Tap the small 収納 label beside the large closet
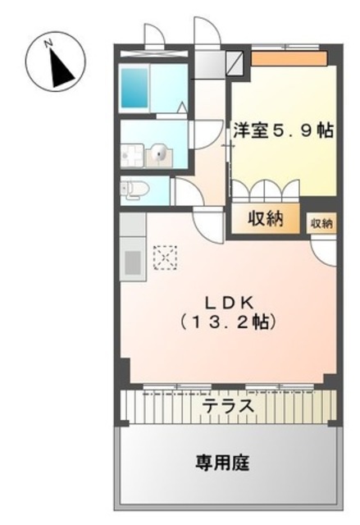pyautogui.click(x=322, y=222)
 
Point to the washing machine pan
pyautogui.click(x=130, y=152)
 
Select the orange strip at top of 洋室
pyautogui.click(x=289, y=58)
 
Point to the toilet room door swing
pyautogui.click(x=184, y=195)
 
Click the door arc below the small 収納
pyautogui.click(x=324, y=251)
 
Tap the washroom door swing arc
pyautogui.click(x=199, y=135)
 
